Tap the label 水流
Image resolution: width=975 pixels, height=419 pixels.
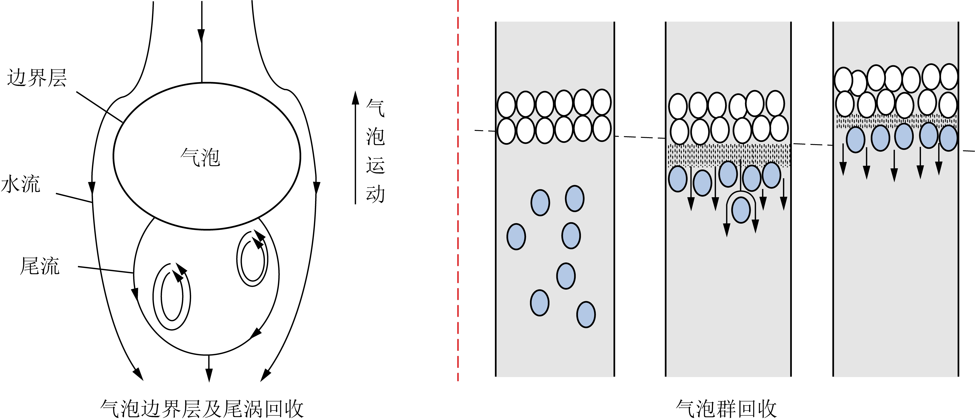[x=21, y=184]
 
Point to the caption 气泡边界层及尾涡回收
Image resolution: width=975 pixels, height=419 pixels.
[x=202, y=408]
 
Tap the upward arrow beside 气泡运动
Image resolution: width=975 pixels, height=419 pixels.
[x=355, y=147]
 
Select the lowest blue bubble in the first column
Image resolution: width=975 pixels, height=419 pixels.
[x=586, y=314]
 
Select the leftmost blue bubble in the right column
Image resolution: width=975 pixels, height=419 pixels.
[x=855, y=140]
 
